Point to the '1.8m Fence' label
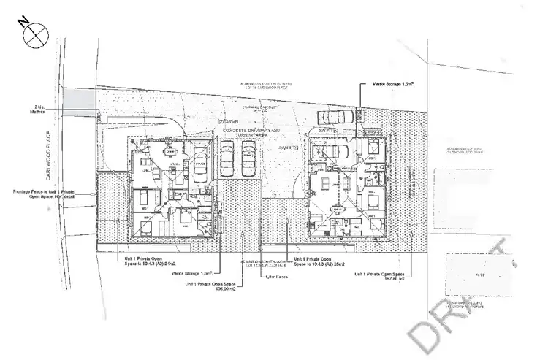pos(274,276)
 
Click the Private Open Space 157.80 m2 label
pos(380,275)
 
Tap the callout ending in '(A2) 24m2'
pos(146,261)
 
